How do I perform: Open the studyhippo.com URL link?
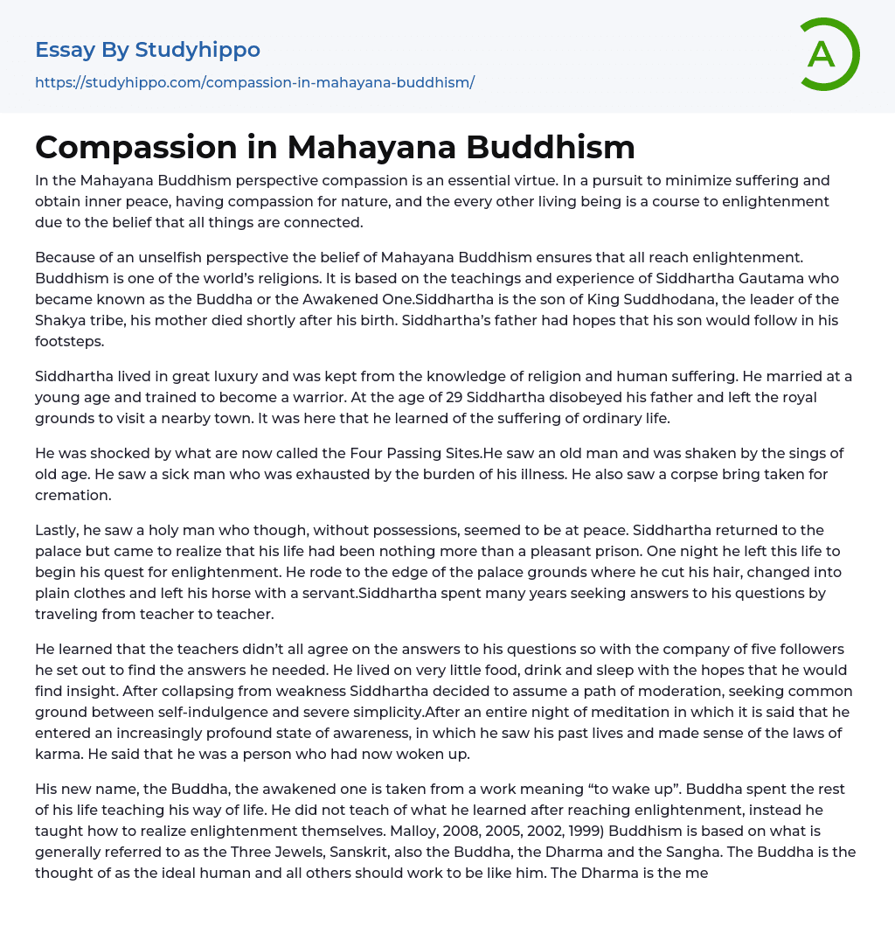254,82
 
